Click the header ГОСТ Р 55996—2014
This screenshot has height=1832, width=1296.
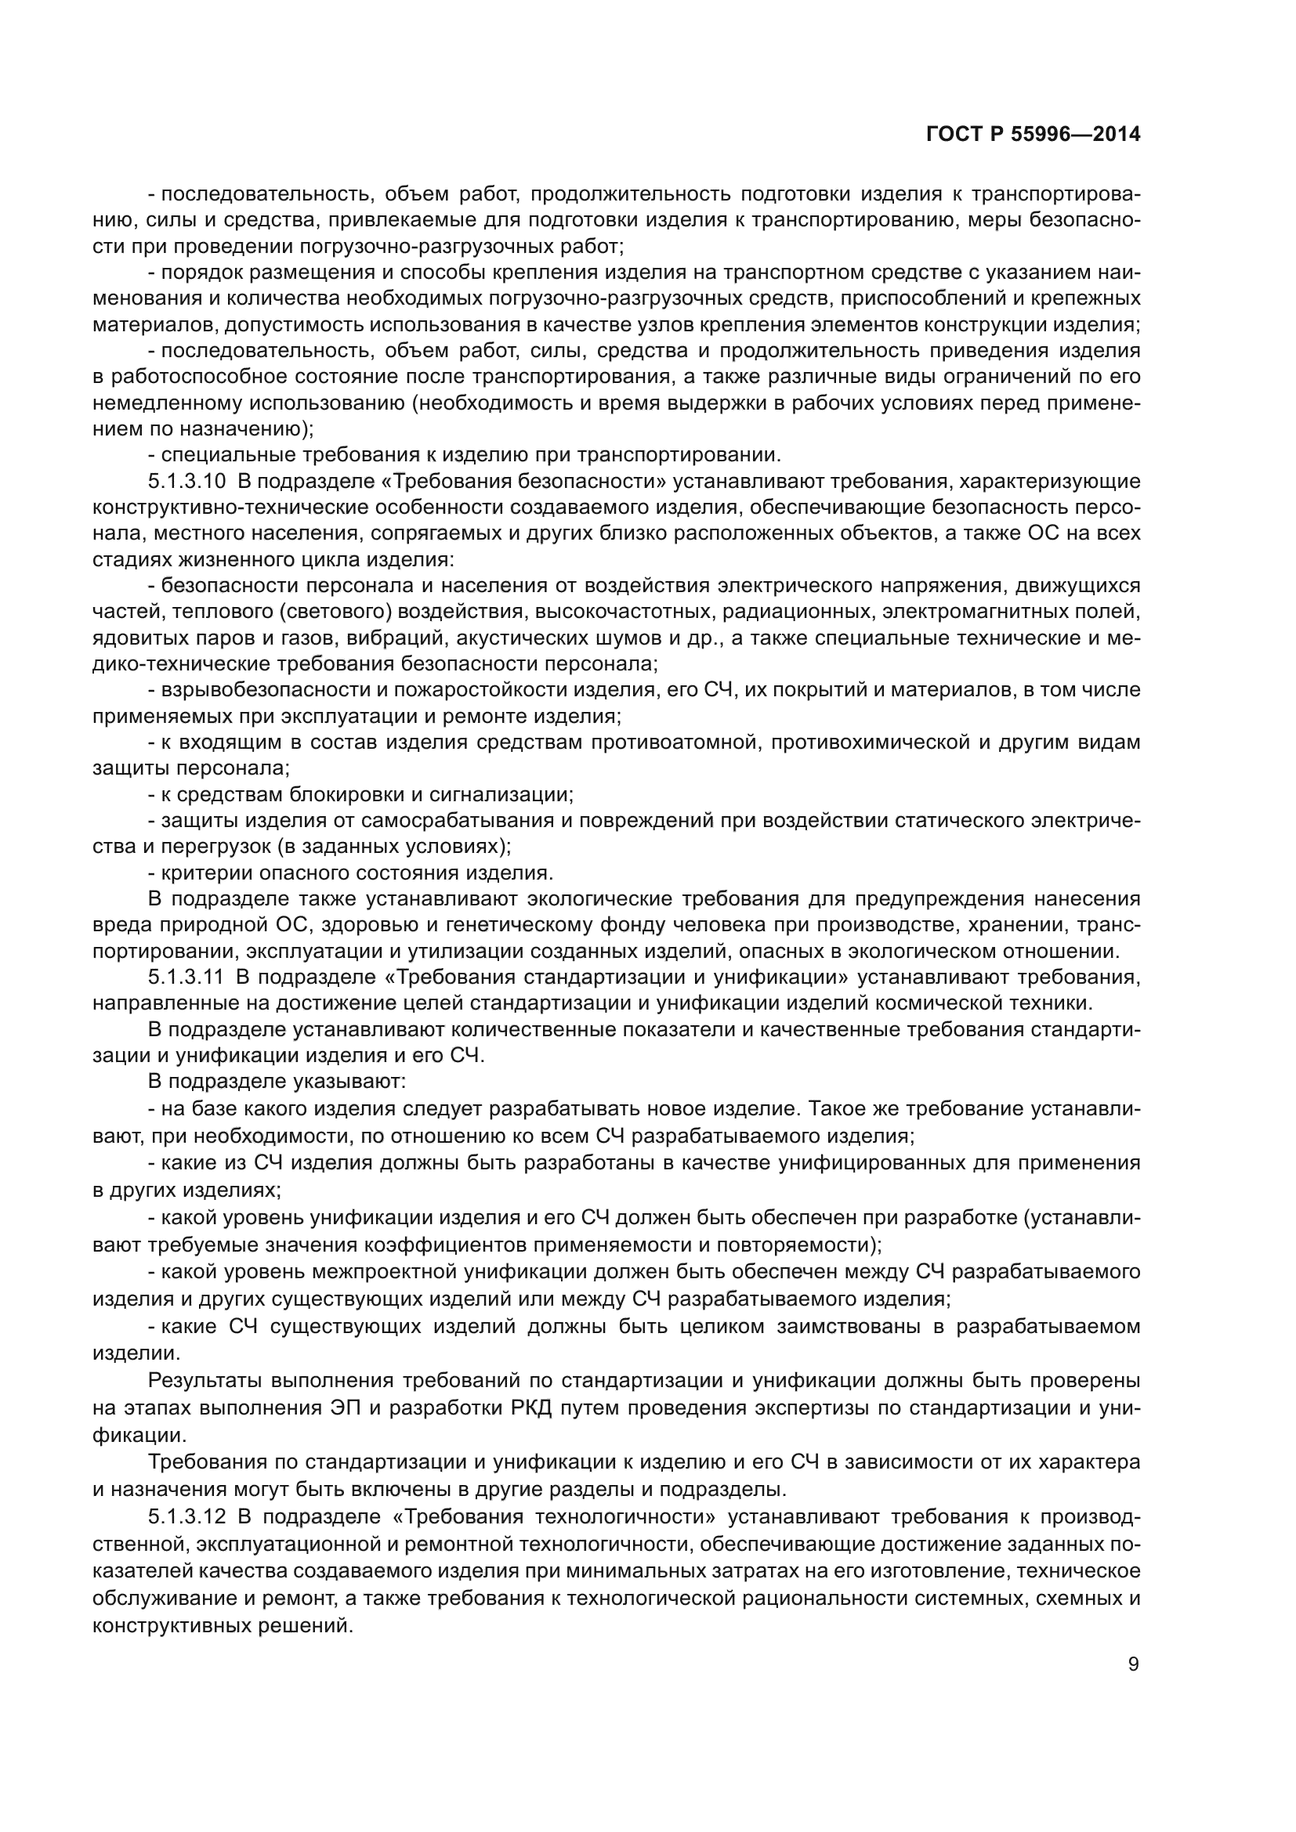tap(1033, 134)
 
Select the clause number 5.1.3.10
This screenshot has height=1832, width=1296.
tap(186, 482)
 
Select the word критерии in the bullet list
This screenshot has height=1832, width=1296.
tap(202, 873)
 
